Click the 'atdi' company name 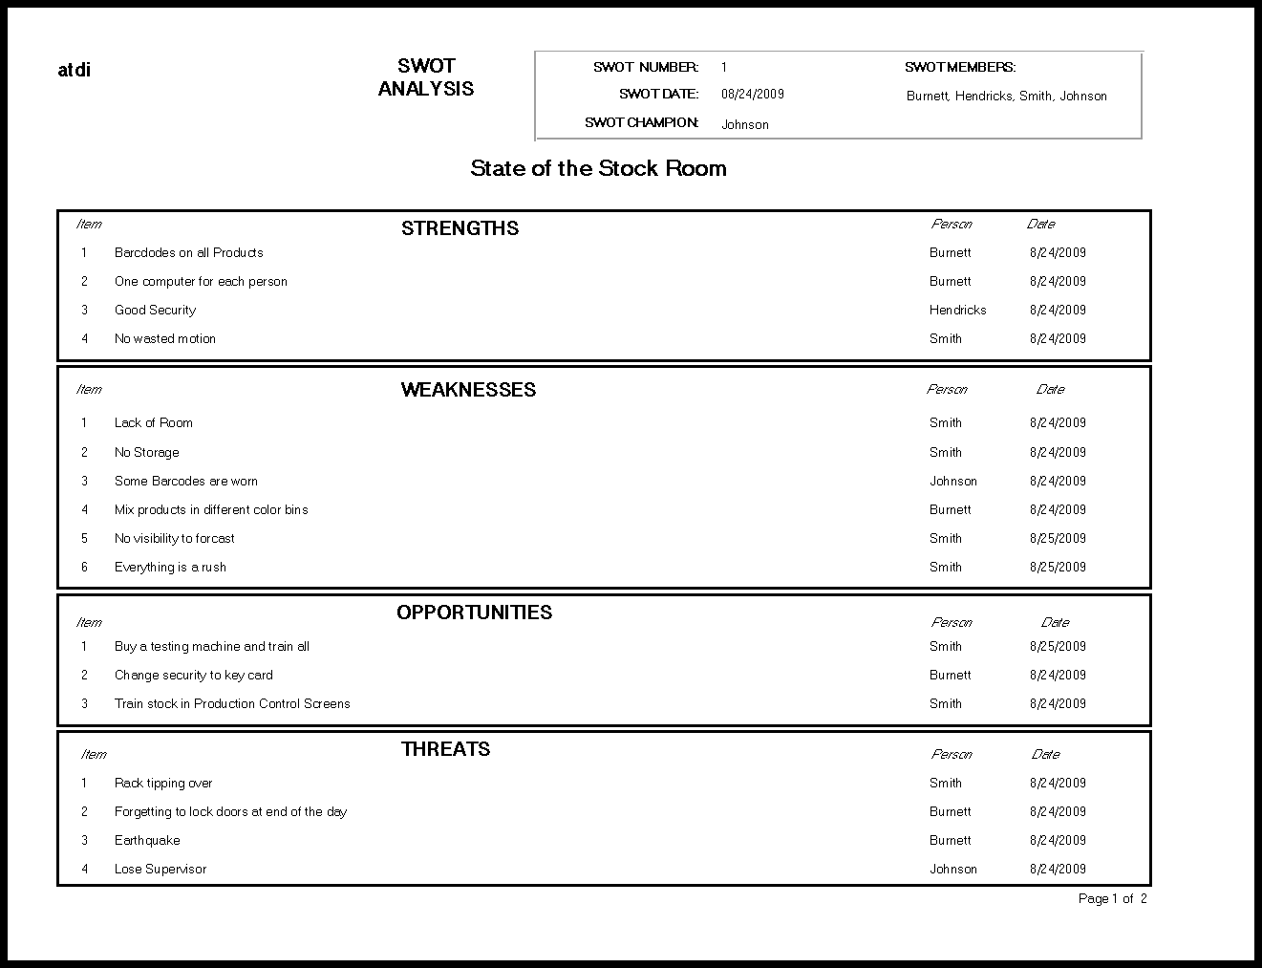(x=75, y=70)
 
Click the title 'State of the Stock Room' (x=598, y=168)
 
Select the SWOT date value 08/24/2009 (x=752, y=94)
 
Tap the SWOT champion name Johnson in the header (x=744, y=124)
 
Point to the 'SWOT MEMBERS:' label (x=959, y=67)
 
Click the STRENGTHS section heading (x=460, y=227)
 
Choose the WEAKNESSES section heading (x=468, y=389)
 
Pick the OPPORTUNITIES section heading (x=474, y=613)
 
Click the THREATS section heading (x=445, y=749)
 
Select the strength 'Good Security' (x=155, y=310)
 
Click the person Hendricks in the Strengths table (x=957, y=310)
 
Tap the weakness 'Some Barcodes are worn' (x=185, y=481)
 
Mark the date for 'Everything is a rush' (x=1058, y=567)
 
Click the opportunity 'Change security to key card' (x=193, y=675)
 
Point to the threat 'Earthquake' (x=147, y=840)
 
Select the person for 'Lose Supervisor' (x=952, y=869)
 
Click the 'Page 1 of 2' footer (x=1112, y=898)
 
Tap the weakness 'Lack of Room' (x=153, y=422)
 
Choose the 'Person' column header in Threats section (x=951, y=754)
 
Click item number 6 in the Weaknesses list (x=84, y=567)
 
